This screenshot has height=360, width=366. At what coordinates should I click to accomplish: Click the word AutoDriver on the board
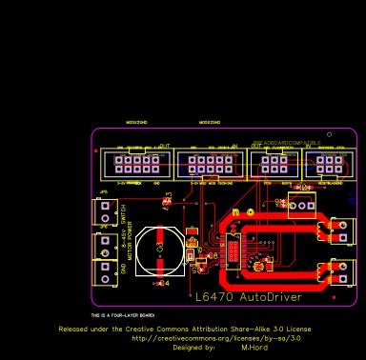[271, 297]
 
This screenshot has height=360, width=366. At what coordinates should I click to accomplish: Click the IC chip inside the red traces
[232, 252]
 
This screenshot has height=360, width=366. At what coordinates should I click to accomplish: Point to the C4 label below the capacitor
[163, 283]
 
